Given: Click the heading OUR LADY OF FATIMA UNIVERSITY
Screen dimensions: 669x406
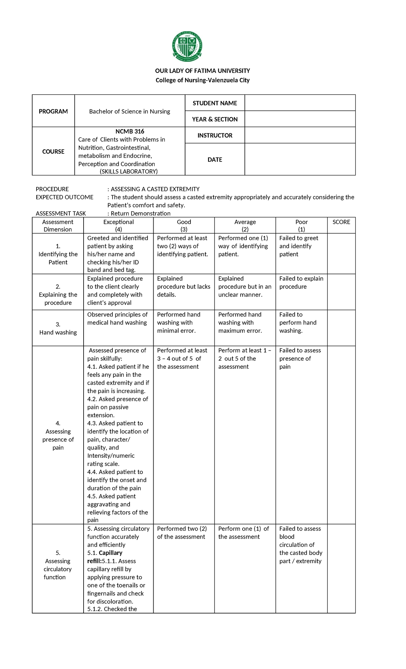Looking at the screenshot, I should point(202,71).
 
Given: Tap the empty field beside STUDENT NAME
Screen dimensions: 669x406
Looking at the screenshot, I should point(300,103).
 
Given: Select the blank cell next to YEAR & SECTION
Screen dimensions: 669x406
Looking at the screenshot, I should point(300,119).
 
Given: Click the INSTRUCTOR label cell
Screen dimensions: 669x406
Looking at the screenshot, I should point(215,135).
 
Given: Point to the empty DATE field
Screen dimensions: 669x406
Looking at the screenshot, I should point(300,159).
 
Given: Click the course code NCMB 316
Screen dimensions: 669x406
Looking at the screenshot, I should point(130,131).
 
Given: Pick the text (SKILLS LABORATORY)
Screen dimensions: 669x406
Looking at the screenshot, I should point(129,171).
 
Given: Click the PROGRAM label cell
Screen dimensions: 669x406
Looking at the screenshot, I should point(53,111).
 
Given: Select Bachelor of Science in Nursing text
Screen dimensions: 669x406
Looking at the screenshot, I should point(130,111).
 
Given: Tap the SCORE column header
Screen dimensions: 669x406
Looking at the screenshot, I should point(341,222).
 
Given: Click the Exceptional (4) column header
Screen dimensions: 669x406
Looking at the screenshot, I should point(118,225).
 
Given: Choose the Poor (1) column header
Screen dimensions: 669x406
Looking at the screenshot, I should point(301,225).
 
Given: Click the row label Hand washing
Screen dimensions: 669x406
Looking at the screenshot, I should point(58,332).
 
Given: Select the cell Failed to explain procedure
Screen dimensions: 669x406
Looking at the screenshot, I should point(301,283).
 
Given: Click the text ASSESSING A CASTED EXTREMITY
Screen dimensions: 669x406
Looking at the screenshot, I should point(155,189).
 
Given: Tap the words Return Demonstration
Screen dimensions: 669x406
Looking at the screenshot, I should point(140,213).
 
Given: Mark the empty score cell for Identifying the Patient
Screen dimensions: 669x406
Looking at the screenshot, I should point(341,254).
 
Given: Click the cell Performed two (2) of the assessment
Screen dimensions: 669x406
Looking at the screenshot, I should point(182,533).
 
